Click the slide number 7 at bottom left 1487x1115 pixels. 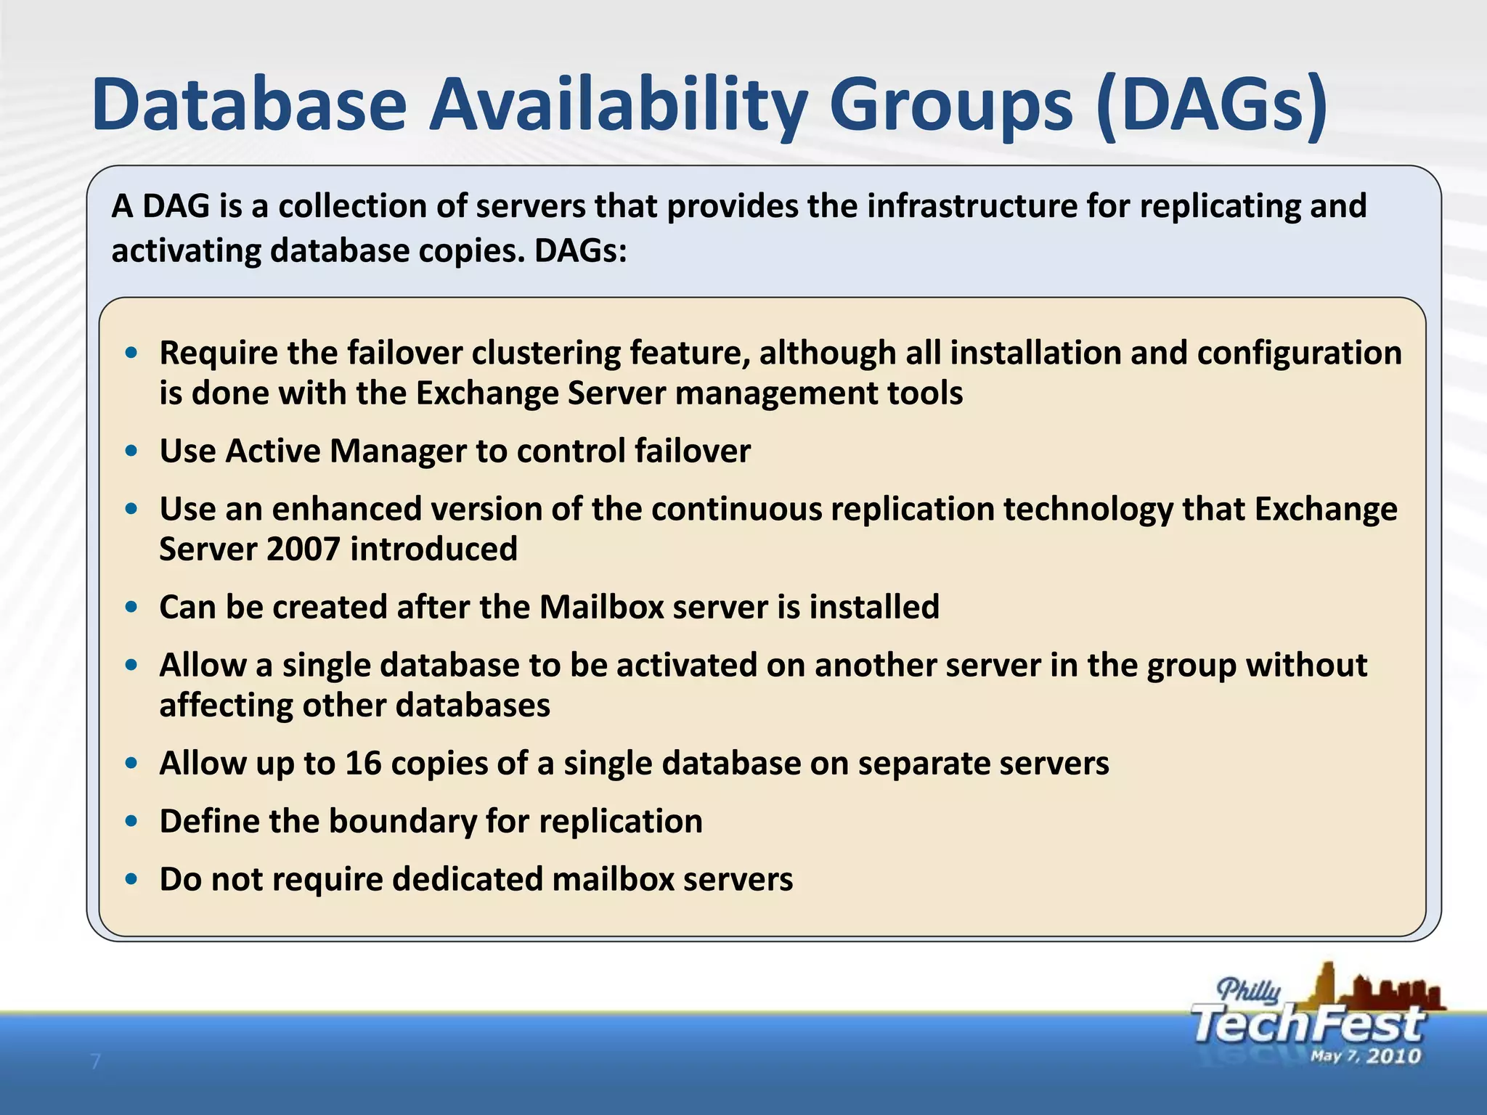tap(94, 1062)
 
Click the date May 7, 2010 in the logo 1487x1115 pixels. tap(1365, 1055)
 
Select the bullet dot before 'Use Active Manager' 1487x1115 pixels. tap(131, 451)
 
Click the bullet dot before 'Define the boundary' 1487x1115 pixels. tap(131, 821)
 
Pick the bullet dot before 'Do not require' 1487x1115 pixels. tap(131, 879)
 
